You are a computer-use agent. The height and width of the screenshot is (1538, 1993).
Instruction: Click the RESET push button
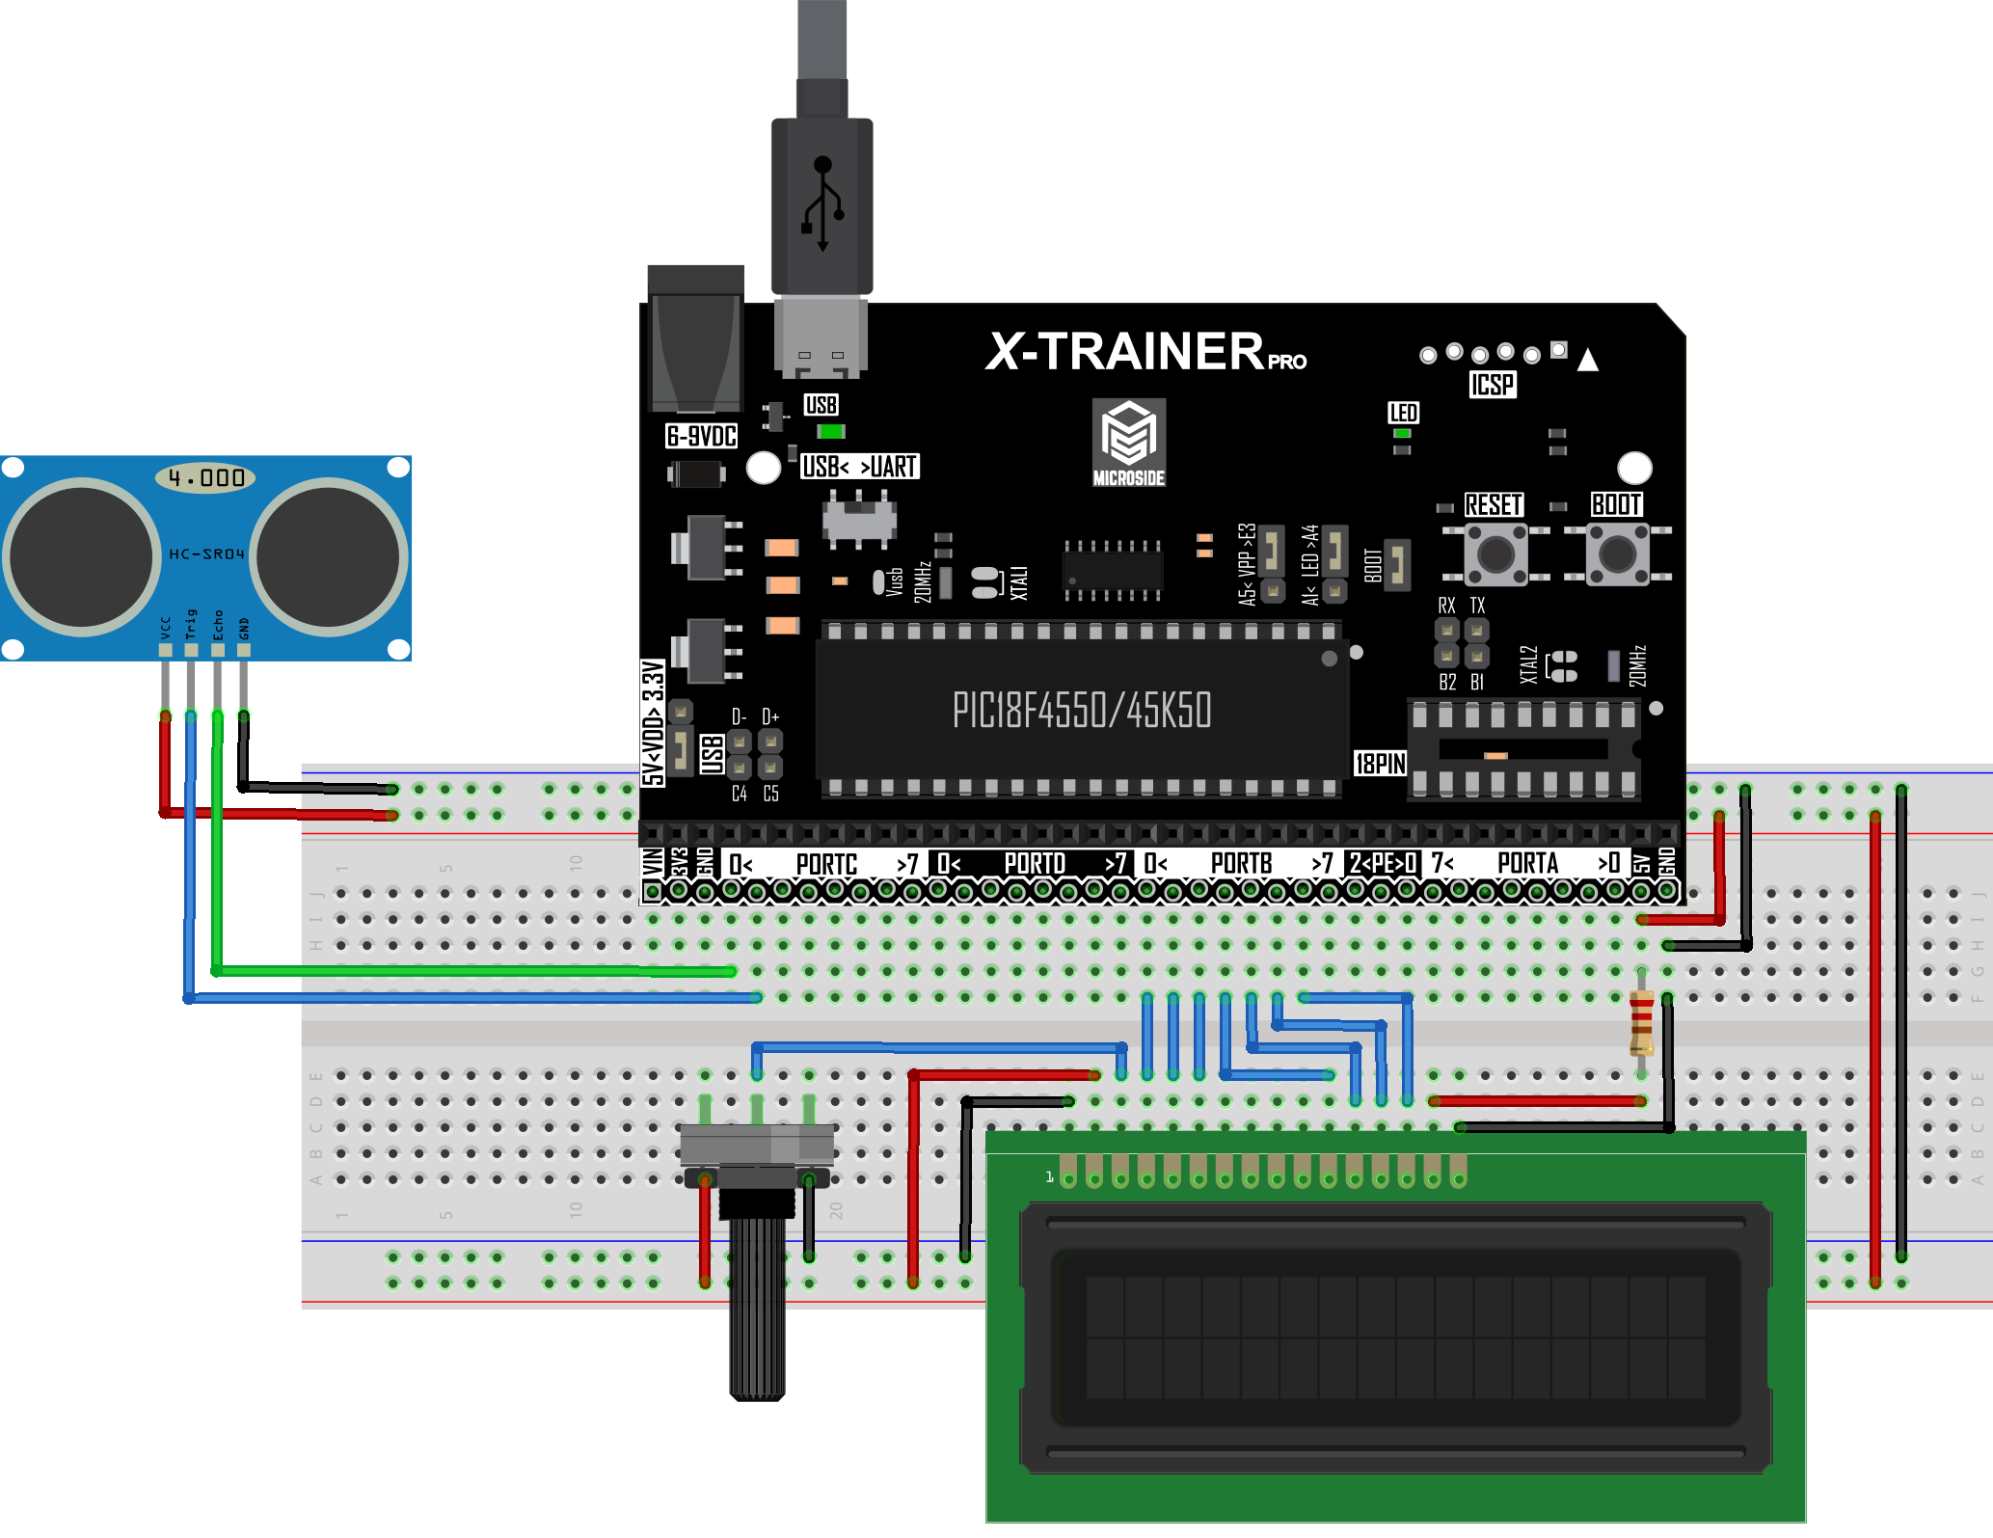[1495, 554]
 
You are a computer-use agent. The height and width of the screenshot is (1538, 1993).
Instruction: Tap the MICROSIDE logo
[1129, 442]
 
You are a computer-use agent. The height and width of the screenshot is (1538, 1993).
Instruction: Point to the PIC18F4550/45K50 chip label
[1081, 711]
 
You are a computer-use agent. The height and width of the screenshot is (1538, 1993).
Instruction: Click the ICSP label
[1492, 385]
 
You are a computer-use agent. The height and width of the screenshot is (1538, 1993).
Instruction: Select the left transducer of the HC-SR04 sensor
[81, 556]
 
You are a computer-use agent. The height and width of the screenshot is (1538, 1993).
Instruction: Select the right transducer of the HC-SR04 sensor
[328, 556]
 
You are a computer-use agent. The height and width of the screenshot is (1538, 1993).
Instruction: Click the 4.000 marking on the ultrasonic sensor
[205, 477]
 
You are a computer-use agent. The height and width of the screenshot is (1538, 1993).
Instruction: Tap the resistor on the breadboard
[1641, 1024]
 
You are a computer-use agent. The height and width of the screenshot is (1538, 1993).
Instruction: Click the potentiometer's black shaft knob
[757, 1302]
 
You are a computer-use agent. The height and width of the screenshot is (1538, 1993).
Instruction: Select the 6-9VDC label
[701, 437]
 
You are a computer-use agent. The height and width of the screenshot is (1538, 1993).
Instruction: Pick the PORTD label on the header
[1034, 864]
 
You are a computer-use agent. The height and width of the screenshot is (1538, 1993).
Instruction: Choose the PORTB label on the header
[1241, 864]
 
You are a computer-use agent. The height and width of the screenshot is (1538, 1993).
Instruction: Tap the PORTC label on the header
[826, 864]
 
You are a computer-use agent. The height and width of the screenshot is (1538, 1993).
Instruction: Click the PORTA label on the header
[1527, 864]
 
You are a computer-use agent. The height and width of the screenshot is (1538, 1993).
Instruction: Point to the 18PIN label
[1381, 764]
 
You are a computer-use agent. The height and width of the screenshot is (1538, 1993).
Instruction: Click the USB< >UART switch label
[859, 467]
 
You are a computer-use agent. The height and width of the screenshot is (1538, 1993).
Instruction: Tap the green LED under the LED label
[1402, 434]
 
